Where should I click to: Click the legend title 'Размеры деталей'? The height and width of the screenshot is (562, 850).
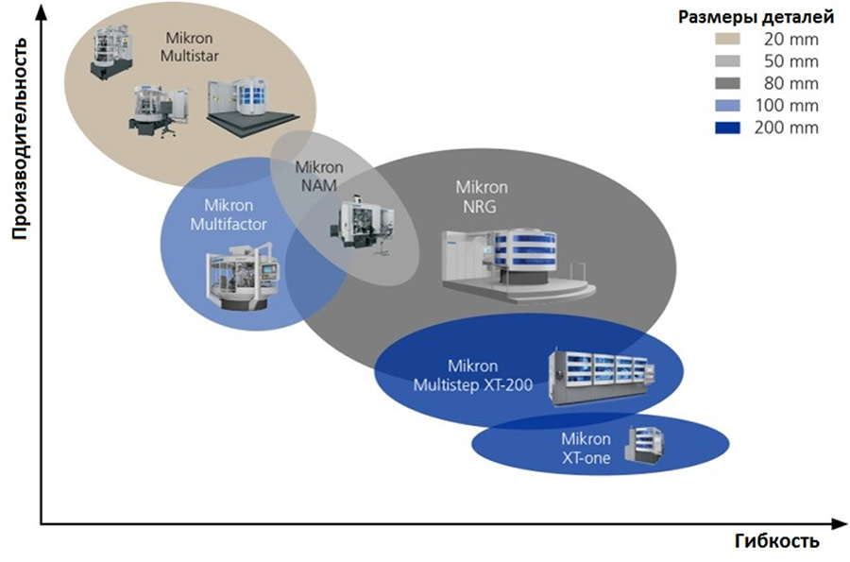tap(756, 18)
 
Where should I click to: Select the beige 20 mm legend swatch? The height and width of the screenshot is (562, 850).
tap(727, 39)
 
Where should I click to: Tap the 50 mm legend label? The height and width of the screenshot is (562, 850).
tap(790, 61)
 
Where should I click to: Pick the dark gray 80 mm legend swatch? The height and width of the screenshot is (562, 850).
tap(727, 83)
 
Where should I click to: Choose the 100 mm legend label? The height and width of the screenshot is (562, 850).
tap(787, 105)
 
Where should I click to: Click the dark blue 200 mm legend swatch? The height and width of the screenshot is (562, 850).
tap(727, 128)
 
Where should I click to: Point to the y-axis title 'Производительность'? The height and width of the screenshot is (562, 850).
tap(19, 138)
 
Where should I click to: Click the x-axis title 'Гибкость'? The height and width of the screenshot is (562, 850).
tap(777, 541)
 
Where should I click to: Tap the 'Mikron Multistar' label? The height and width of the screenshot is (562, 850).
tap(190, 47)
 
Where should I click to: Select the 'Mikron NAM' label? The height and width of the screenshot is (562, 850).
tap(319, 176)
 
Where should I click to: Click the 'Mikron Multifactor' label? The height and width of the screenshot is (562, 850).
tap(229, 214)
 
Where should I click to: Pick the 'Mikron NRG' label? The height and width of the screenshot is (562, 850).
tap(482, 196)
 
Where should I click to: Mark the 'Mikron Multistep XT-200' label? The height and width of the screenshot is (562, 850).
tap(473, 375)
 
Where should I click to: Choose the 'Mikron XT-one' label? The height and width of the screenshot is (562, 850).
tap(586, 449)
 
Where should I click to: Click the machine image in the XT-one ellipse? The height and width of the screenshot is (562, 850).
tap(644, 446)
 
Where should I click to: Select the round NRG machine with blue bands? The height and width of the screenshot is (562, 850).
tap(518, 264)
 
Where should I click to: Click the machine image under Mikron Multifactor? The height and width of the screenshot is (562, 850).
tap(242, 278)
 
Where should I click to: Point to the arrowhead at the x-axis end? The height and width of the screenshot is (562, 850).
tap(840, 524)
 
